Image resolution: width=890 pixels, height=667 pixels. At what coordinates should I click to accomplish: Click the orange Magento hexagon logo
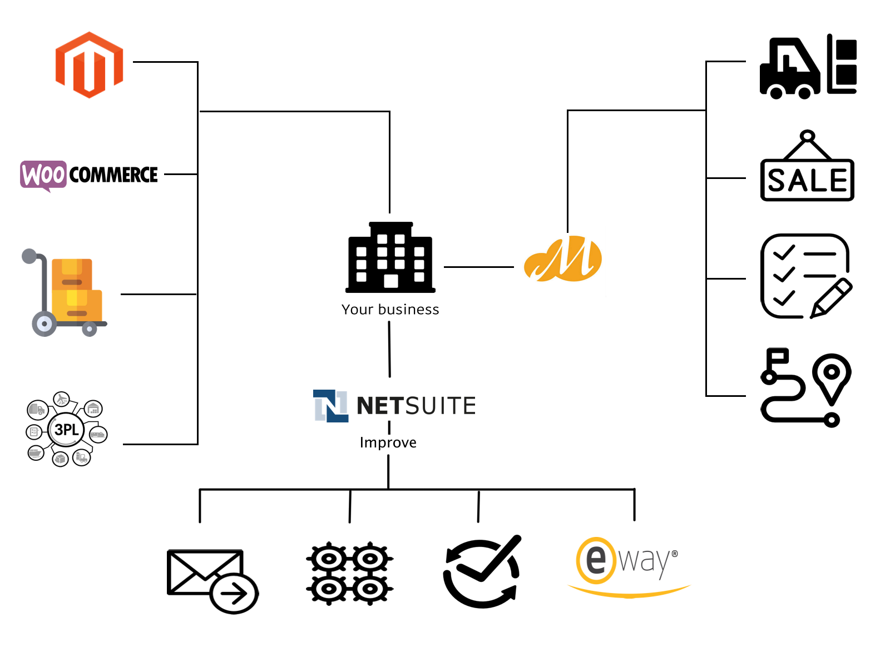tap(89, 65)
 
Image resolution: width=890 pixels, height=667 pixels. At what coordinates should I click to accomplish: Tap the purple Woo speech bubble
tap(43, 175)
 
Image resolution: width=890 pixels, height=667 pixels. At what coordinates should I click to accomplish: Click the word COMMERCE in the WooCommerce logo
tap(113, 175)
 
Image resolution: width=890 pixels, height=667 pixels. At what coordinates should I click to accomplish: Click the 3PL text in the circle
tap(66, 430)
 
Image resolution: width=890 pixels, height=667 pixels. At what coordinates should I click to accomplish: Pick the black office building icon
tap(390, 257)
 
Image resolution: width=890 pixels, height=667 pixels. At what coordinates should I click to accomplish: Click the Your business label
tap(390, 310)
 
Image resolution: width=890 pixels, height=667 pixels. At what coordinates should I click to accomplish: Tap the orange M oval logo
tap(563, 259)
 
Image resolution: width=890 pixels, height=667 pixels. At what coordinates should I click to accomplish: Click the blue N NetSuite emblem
tap(330, 406)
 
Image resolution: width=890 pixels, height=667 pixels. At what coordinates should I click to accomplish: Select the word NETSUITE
tap(416, 406)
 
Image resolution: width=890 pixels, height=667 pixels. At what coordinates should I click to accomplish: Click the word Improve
tap(388, 442)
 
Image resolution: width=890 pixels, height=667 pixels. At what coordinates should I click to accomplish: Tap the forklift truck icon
tap(790, 69)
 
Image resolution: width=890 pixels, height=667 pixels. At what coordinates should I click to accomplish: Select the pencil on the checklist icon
tap(832, 298)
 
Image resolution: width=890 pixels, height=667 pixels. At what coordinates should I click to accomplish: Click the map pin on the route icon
tap(832, 374)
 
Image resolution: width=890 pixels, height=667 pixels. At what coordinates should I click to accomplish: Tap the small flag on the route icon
tap(778, 356)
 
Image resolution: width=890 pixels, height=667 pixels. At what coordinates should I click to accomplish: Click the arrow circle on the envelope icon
tap(234, 594)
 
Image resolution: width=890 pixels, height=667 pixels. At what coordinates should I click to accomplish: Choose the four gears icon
tap(349, 573)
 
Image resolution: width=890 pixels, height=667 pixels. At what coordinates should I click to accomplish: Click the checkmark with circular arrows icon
tap(482, 572)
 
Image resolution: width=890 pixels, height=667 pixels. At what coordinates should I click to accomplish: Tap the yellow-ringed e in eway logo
tap(596, 560)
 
